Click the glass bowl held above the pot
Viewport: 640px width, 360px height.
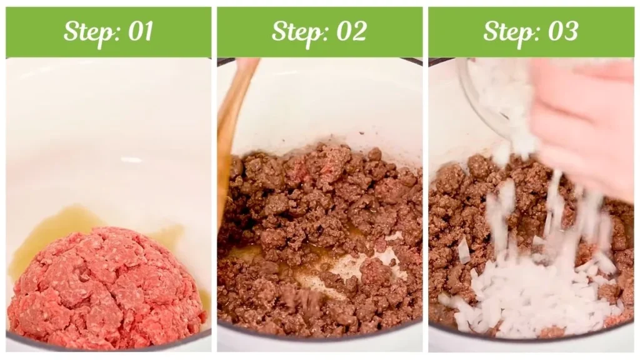tap(494, 94)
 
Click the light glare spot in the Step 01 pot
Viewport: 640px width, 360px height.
tap(131, 161)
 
